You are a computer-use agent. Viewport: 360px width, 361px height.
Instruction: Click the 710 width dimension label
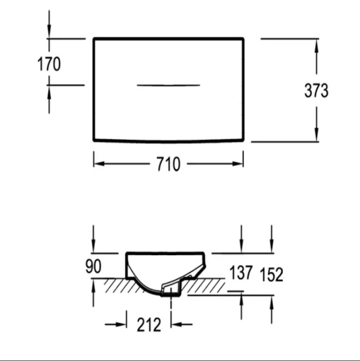click(x=169, y=164)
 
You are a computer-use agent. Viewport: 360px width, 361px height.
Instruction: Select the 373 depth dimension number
click(x=316, y=90)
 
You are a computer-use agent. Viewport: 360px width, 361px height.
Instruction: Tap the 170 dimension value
click(x=49, y=64)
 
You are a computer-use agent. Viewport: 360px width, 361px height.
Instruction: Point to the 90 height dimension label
click(x=93, y=266)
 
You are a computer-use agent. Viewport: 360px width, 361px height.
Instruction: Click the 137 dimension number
click(x=241, y=273)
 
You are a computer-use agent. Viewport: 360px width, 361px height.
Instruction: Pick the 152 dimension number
click(x=272, y=274)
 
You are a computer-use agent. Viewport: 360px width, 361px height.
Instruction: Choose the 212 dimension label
click(x=149, y=325)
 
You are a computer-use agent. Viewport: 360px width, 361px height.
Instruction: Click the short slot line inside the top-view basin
click(x=169, y=85)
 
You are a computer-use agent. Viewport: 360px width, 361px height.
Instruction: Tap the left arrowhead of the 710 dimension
click(x=99, y=164)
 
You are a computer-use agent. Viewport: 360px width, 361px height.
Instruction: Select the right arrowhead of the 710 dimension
click(x=238, y=164)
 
